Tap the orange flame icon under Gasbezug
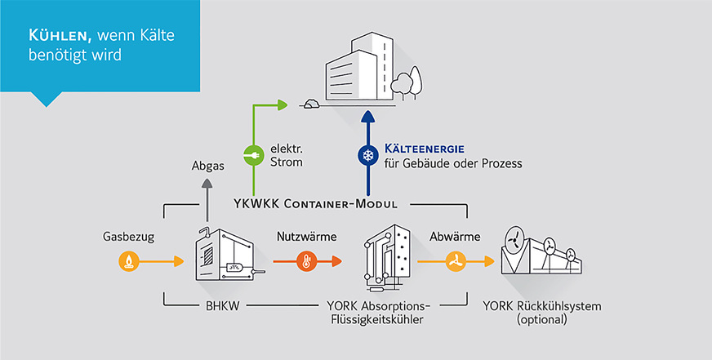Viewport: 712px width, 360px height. pos(128,261)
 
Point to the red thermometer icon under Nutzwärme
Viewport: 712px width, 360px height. pos(305,261)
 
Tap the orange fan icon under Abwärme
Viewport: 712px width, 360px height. pos(454,261)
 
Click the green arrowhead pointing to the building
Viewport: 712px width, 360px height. pos(283,104)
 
